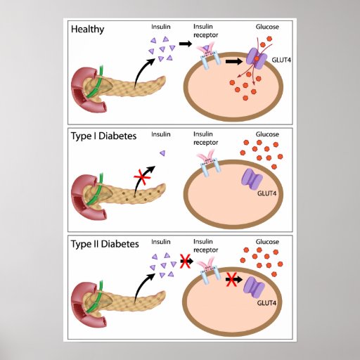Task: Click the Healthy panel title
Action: (x=87, y=30)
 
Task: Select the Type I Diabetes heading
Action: (x=103, y=136)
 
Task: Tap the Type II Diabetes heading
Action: (x=105, y=244)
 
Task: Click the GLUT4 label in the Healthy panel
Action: (x=281, y=60)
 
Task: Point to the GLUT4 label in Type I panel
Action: (x=266, y=193)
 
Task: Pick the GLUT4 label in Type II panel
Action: (x=266, y=303)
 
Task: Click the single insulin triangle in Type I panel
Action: (x=162, y=153)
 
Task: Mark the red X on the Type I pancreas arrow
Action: (x=142, y=178)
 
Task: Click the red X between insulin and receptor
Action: (x=185, y=261)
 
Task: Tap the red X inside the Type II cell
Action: (x=231, y=279)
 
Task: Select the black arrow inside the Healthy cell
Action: (x=234, y=62)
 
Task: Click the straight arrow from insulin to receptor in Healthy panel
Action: (x=186, y=44)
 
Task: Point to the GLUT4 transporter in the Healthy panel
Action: (x=257, y=58)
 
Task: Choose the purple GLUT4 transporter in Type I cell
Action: (x=252, y=179)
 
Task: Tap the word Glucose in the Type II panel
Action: (x=267, y=242)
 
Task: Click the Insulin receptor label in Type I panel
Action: (x=205, y=139)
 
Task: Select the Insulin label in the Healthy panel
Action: (x=161, y=27)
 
